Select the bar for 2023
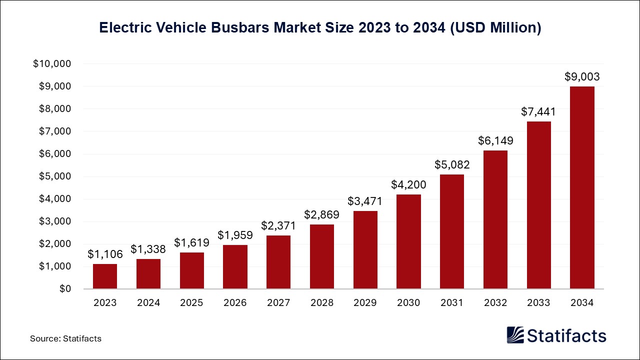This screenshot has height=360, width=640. [x=104, y=276]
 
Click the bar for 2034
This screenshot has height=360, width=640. [x=582, y=187]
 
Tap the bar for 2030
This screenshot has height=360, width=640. [x=408, y=241]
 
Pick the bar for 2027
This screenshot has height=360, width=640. [x=278, y=262]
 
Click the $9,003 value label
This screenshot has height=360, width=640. [x=582, y=77]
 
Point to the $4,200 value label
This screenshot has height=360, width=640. [x=408, y=185]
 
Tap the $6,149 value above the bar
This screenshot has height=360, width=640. [x=495, y=141]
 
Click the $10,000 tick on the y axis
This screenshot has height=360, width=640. [x=52, y=64]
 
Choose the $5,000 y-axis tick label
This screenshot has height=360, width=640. [x=55, y=176]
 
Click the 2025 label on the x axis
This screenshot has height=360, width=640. [x=191, y=302]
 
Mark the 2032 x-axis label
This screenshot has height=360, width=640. [x=495, y=302]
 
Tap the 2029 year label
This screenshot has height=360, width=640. [x=365, y=302]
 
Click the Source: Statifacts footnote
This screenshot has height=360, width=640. [x=65, y=338]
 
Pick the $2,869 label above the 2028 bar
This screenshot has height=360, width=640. [x=322, y=215]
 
